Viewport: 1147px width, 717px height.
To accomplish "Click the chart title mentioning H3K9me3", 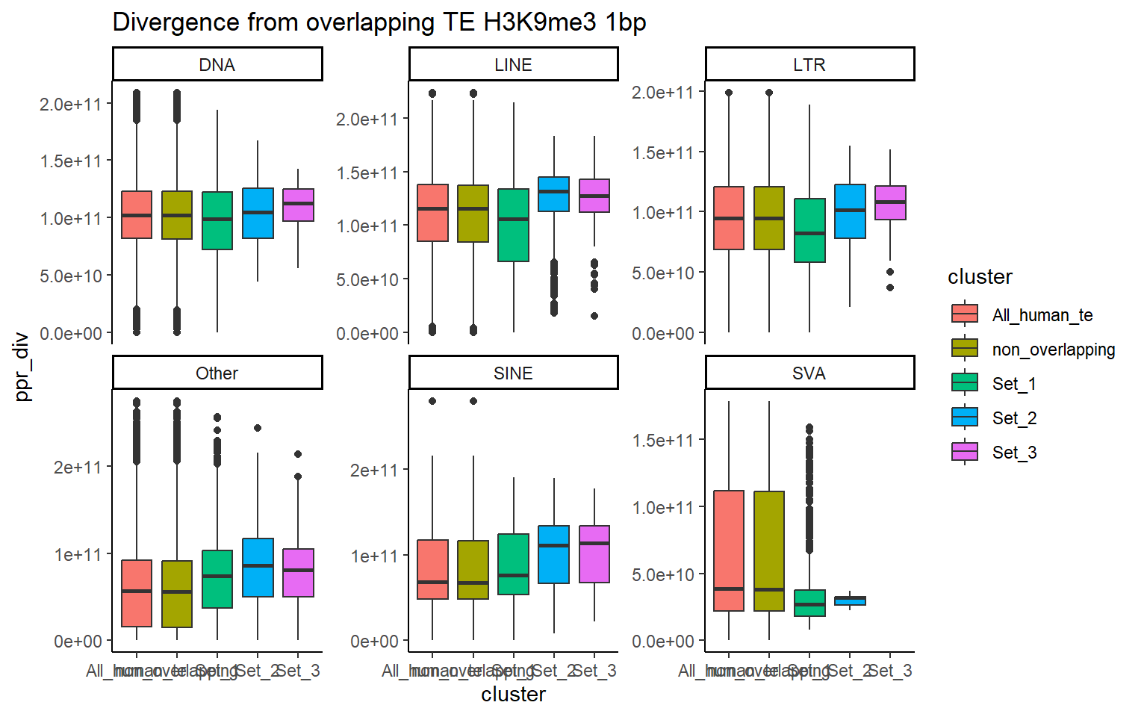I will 379,22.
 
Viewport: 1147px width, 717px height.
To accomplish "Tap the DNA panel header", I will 217,65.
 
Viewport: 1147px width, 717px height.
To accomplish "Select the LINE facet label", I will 513,65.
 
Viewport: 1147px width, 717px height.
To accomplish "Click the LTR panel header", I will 809,65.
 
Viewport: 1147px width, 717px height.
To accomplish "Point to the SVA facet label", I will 809,373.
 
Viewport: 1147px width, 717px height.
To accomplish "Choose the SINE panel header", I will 513,373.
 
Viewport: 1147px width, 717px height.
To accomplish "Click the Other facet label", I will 217,373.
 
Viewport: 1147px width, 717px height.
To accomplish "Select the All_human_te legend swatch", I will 965,314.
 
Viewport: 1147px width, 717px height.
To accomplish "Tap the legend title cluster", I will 980,277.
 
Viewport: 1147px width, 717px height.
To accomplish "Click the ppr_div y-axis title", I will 22,366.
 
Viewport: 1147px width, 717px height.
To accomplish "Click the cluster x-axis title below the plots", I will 513,695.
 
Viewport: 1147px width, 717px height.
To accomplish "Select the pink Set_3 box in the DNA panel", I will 298,205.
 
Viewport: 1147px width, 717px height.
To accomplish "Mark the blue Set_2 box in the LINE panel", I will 553,194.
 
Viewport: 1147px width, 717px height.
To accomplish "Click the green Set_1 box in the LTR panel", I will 809,230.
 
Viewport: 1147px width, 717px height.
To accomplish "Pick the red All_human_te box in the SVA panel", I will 729,550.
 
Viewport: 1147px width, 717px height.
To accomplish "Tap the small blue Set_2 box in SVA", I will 850,600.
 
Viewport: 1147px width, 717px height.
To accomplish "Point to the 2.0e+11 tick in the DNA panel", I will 70,105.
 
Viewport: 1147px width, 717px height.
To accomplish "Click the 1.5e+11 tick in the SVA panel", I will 663,441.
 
